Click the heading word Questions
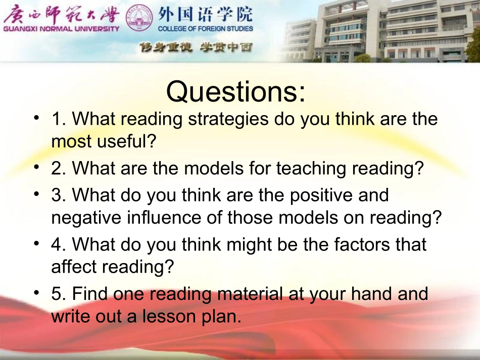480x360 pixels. point(236,91)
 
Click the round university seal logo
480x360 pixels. point(139,18)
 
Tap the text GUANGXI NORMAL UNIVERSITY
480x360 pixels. point(61,29)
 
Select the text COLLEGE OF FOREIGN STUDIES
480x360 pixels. point(206,29)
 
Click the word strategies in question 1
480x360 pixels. point(228,119)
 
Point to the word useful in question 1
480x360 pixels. point(126,141)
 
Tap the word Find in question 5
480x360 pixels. point(90,294)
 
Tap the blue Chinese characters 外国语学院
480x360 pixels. point(206,14)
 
